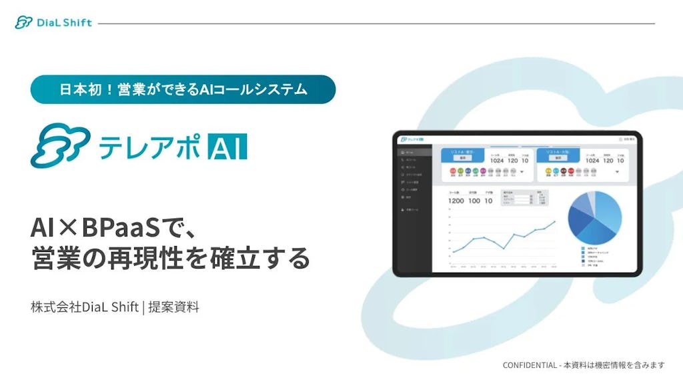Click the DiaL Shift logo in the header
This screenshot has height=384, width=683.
click(x=53, y=23)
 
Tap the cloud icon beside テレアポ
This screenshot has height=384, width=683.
click(x=60, y=145)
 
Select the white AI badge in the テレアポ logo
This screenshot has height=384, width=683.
click(x=227, y=146)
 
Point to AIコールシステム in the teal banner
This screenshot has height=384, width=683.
click(x=253, y=89)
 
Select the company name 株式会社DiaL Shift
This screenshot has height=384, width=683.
click(x=84, y=307)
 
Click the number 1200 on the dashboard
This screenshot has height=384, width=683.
click(x=456, y=201)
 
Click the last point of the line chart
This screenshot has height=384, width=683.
click(x=555, y=221)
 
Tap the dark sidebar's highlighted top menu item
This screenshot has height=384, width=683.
click(x=412, y=153)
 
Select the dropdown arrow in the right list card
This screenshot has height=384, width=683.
click(x=616, y=171)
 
